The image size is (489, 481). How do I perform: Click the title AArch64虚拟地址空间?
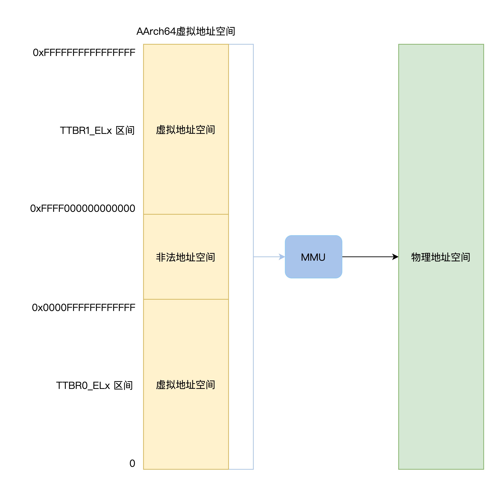coord(186,31)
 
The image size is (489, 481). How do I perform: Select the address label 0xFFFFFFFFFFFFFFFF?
coord(84,53)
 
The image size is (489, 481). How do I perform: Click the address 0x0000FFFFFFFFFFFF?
coord(83,307)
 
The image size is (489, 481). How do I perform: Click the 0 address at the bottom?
coord(132,463)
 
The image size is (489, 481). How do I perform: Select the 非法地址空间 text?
coord(186,257)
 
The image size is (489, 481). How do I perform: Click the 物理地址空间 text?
coord(441,257)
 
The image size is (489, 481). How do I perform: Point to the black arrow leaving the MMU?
coord(366,257)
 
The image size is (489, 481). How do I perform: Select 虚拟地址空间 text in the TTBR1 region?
coord(186,130)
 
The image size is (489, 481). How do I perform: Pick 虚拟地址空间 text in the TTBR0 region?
coord(186,385)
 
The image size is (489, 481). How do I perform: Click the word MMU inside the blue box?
coord(313,257)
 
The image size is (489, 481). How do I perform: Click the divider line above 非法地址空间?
coord(186,214)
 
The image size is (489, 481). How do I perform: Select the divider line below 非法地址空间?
coord(186,299)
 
